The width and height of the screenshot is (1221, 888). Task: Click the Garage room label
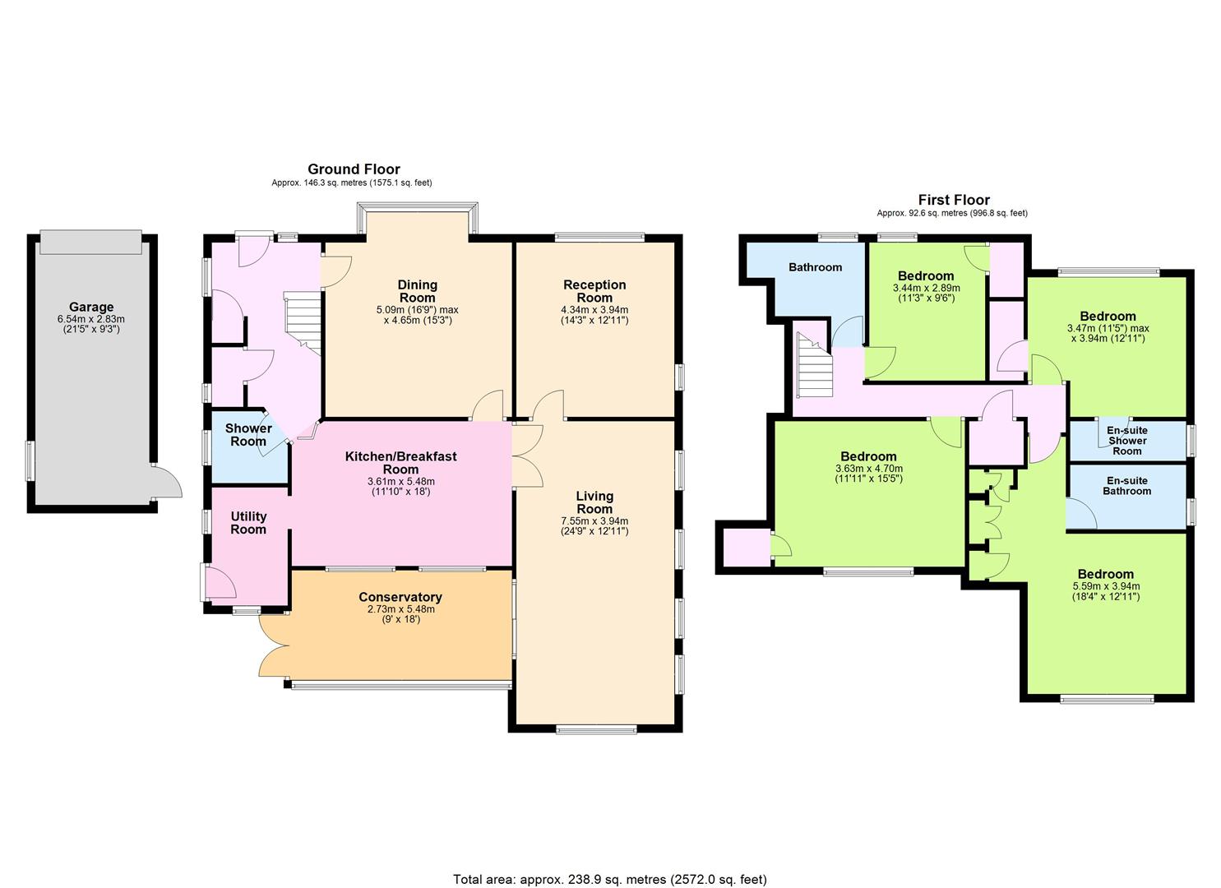pyautogui.click(x=91, y=307)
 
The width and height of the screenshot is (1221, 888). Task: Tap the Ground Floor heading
pyautogui.click(x=354, y=169)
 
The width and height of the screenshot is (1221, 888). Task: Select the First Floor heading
pyautogui.click(x=954, y=200)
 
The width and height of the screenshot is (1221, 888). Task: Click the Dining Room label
pyautogui.click(x=418, y=291)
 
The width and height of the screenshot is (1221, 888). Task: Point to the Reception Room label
pyautogui.click(x=594, y=291)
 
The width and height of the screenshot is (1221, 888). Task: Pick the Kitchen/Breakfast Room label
pyautogui.click(x=401, y=463)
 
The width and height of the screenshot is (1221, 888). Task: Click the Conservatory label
pyautogui.click(x=400, y=597)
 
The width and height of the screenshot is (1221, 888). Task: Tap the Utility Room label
pyautogui.click(x=248, y=523)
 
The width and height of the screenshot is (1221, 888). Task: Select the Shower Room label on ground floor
pyautogui.click(x=248, y=435)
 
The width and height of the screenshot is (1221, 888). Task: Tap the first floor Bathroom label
pyautogui.click(x=816, y=267)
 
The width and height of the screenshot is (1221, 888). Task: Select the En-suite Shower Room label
pyautogui.click(x=1127, y=441)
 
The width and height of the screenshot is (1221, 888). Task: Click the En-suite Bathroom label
pyautogui.click(x=1127, y=486)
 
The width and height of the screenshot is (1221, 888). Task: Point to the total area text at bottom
pyautogui.click(x=610, y=864)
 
